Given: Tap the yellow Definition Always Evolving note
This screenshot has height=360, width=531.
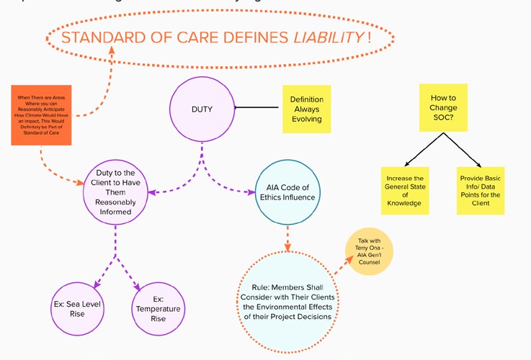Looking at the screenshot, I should tap(306, 109).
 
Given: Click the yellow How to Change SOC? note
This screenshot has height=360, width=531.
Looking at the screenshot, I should tap(443, 107).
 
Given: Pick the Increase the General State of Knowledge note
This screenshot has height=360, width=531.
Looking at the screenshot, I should tap(403, 191).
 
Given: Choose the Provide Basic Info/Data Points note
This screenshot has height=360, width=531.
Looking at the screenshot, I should tap(480, 191).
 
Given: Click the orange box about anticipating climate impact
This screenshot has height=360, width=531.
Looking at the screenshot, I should tap(44, 115).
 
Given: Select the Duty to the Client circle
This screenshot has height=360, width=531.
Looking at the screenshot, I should tap(116, 190).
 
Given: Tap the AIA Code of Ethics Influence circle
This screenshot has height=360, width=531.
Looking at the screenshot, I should tap(286, 192).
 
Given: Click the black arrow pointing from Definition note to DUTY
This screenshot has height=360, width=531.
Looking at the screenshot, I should tap(256, 109).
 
